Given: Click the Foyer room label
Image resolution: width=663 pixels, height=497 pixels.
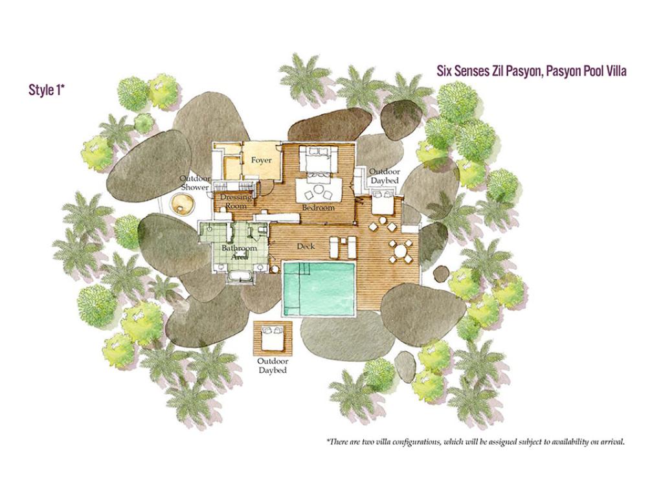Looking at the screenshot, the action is coord(261,160).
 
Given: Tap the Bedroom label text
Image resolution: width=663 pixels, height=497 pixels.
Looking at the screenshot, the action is coord(318,208).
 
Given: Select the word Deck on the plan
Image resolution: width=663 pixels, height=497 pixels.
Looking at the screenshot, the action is coord(306,246).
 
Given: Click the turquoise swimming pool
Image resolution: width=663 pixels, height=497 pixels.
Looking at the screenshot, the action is coord(319,289).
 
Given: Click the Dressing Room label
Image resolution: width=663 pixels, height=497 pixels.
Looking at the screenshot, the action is coord(236,202).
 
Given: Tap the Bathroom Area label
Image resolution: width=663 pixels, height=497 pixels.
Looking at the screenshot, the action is coord(239,252).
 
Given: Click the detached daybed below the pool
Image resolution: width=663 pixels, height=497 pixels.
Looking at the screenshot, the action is coord(273,338).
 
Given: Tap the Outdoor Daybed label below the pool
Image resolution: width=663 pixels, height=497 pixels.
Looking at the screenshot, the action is coord(273,366).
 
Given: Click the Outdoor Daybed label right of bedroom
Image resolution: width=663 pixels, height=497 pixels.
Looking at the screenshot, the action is coord(385,176).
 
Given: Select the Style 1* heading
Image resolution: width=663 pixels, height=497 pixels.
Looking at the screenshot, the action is coord(46,90).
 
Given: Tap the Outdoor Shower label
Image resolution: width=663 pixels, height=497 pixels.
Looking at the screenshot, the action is coord(194,182).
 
